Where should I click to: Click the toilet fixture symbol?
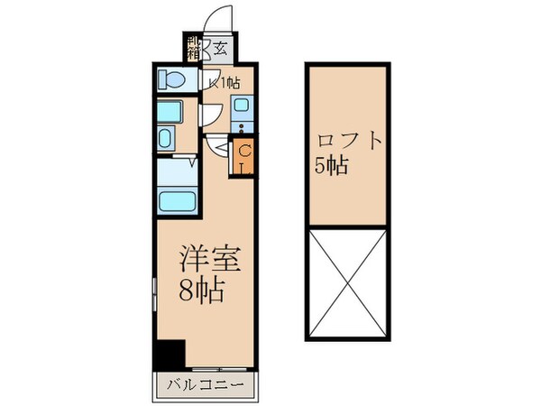tap(170, 80)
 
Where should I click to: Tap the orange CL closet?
tap(244, 156)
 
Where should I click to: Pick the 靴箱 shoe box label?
tap(192, 47)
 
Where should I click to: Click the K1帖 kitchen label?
tap(225, 83)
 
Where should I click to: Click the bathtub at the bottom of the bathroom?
tap(174, 200)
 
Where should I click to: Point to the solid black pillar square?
tap(168, 354)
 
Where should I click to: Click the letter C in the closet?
tap(244, 150)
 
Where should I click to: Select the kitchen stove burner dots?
tap(243, 127)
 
